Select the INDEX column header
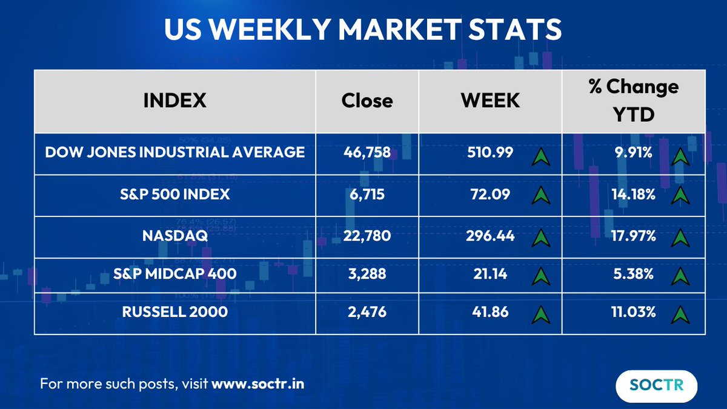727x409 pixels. pyautogui.click(x=174, y=101)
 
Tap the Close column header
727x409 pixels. pyautogui.click(x=367, y=101)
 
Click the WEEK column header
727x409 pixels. pyautogui.click(x=490, y=101)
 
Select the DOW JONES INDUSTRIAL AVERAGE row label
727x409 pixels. pyautogui.click(x=174, y=152)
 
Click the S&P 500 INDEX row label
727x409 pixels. pyautogui.click(x=174, y=195)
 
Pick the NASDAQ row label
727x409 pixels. pyautogui.click(x=174, y=236)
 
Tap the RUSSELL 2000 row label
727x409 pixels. pyautogui.click(x=174, y=313)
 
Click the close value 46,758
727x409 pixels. pyautogui.click(x=367, y=153)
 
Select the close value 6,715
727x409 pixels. pyautogui.click(x=367, y=195)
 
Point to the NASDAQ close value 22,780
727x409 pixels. pyautogui.click(x=367, y=236)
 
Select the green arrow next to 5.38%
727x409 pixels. pyautogui.click(x=681, y=276)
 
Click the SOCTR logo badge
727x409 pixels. pyautogui.click(x=656, y=385)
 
